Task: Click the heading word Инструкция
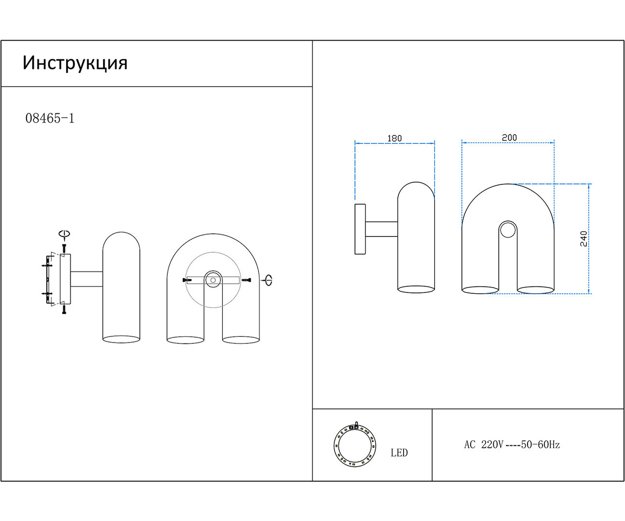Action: coord(75,63)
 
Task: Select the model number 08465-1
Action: coord(50,118)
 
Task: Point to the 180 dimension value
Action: coord(394,138)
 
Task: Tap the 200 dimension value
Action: coord(509,137)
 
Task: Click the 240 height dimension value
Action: coord(584,239)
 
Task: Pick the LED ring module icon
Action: coord(355,445)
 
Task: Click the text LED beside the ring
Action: coord(399,452)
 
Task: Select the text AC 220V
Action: coord(484,445)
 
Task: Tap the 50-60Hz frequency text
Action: coord(540,445)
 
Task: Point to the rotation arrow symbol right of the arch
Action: coord(268,280)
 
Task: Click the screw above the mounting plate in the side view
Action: coord(64,248)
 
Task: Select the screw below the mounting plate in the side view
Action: coord(64,309)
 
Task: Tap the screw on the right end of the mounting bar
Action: coord(247,280)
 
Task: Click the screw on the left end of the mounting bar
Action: coord(187,280)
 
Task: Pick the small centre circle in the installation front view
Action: coord(213,280)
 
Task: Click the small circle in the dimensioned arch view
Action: coord(508,230)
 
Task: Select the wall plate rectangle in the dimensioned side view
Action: coord(360,229)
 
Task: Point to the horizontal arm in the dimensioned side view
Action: coord(381,229)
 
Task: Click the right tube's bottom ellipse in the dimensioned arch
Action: coord(535,290)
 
